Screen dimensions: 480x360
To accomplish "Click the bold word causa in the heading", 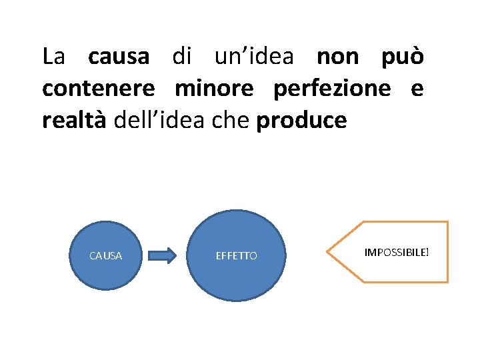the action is click(x=119, y=57).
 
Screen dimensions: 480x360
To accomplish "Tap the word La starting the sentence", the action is click(x=53, y=57).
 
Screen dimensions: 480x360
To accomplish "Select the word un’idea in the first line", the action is click(x=253, y=57).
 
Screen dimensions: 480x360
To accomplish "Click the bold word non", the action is click(x=337, y=57).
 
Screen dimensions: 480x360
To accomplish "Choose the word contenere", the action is click(x=99, y=89).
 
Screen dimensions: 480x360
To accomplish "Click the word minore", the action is click(x=214, y=89).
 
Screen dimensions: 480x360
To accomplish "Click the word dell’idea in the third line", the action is click(x=159, y=121).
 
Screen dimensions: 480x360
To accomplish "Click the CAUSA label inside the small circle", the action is click(x=106, y=255).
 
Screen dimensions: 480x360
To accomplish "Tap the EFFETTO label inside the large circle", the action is click(x=237, y=255).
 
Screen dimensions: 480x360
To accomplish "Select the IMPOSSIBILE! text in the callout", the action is click(x=397, y=253).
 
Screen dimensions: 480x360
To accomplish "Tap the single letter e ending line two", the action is click(x=417, y=89).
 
